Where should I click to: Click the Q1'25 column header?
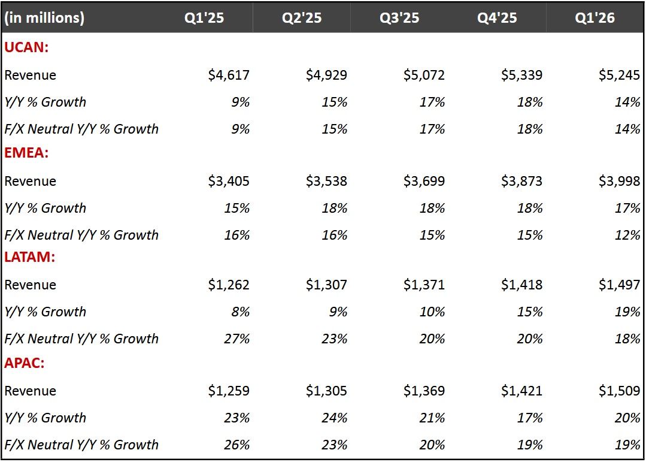click(204, 18)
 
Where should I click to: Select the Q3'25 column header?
click(399, 18)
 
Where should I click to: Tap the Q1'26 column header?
click(595, 18)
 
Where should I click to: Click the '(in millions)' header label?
click(44, 18)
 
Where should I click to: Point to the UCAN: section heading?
click(26, 48)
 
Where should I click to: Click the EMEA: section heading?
click(27, 153)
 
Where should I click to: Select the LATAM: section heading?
click(31, 258)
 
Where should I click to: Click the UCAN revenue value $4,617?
click(229, 75)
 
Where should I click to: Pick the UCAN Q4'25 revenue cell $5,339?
click(521, 75)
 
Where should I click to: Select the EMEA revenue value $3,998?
click(619, 181)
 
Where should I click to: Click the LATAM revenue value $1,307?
click(326, 285)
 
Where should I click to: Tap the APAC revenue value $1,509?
click(619, 391)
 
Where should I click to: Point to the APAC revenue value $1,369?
click(424, 391)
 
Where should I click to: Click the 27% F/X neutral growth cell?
click(236, 339)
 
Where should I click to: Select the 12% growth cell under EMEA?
click(627, 235)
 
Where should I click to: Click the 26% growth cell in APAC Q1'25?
click(236, 445)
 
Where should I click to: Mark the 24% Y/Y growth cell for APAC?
click(334, 418)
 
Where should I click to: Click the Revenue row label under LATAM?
click(31, 285)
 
